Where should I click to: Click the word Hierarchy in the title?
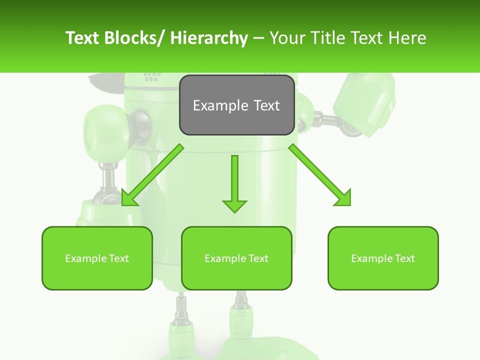pos(209,38)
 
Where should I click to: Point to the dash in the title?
pos(258,38)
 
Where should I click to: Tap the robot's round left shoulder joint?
pos(102,127)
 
